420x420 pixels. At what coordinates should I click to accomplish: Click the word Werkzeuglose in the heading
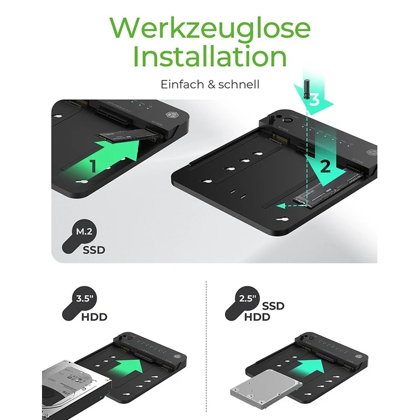(210, 28)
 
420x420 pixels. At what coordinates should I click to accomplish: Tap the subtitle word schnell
(238, 85)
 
